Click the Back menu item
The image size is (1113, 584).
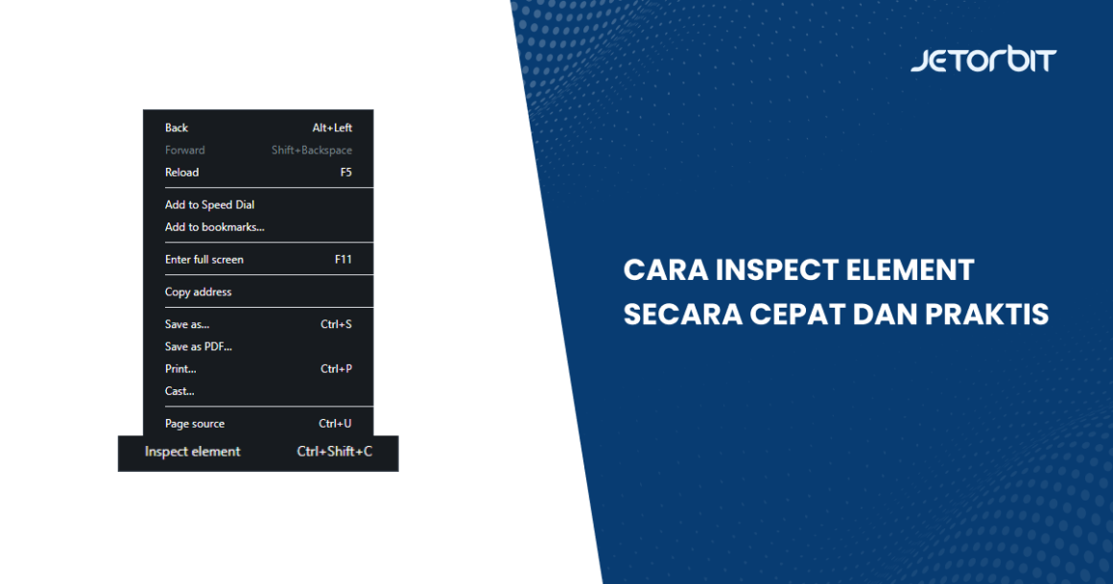[x=177, y=128]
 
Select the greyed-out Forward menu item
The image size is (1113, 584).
[x=185, y=150]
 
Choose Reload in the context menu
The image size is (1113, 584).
[x=182, y=173]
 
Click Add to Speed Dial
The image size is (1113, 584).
[x=209, y=204]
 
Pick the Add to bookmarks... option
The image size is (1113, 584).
[x=214, y=227]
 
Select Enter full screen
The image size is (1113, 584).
[x=204, y=260]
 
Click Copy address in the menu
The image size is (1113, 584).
[x=199, y=292]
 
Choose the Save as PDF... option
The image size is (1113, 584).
[x=199, y=346]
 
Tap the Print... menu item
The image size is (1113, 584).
[x=180, y=369]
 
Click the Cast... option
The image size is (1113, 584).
[x=179, y=391]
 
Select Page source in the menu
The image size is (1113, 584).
[x=195, y=424]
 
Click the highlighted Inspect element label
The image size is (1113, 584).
[x=193, y=452]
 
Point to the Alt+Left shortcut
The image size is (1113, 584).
[x=332, y=128]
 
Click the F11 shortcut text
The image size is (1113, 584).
[x=343, y=260]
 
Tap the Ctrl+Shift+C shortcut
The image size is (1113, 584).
[x=335, y=452]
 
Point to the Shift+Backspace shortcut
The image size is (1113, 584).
[x=312, y=150]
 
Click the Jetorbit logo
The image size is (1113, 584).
[x=983, y=61]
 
